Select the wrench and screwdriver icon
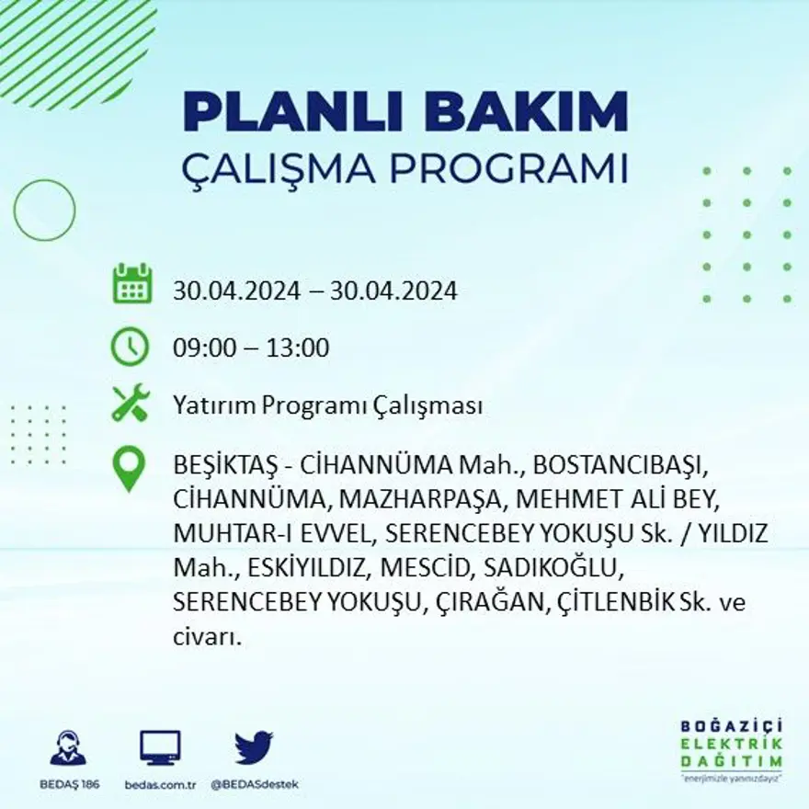[131, 404]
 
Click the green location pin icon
[130, 468]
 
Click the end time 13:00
[298, 348]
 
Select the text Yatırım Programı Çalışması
[328, 406]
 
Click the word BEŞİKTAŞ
[225, 463]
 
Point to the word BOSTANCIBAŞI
[621, 463]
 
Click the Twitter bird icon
[253, 747]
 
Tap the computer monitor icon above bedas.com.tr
[160, 748]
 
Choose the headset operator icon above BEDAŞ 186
[68, 748]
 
